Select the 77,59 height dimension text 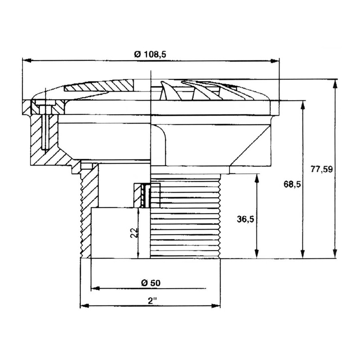(x=322, y=169)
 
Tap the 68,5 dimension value (x=292, y=184)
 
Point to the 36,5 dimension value (x=245, y=219)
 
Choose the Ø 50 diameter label (x=151, y=283)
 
